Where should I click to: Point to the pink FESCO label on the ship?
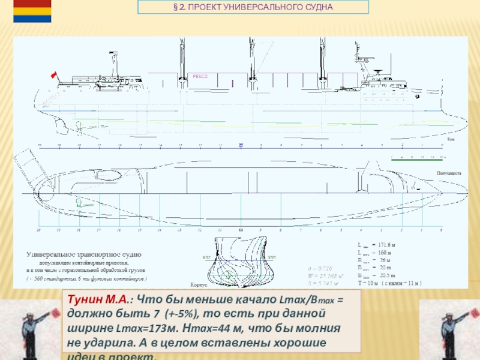(x=199, y=76)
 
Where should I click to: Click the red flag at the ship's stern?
(x=53, y=74)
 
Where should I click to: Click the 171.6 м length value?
(x=386, y=246)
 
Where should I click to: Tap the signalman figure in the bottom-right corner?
(x=449, y=329)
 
